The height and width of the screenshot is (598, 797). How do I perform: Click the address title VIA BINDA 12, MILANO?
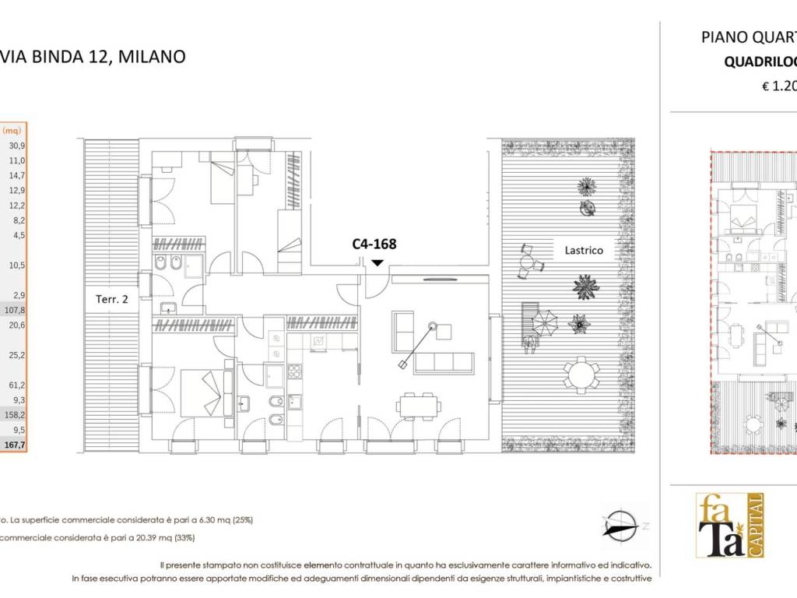[x=93, y=57]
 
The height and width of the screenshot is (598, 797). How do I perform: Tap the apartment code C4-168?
[x=374, y=244]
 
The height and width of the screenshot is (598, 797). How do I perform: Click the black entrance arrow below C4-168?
[x=377, y=262]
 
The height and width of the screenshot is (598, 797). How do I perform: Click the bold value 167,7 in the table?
[x=16, y=445]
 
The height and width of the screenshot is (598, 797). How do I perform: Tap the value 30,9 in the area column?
[x=16, y=146]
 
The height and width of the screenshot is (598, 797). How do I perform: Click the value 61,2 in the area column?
[x=16, y=385]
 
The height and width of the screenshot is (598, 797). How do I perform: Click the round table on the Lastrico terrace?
[x=581, y=375]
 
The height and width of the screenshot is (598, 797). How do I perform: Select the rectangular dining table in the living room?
[x=418, y=404]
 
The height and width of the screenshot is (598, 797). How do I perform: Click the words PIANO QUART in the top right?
[x=748, y=37]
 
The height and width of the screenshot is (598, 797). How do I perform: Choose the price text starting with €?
[x=778, y=87]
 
